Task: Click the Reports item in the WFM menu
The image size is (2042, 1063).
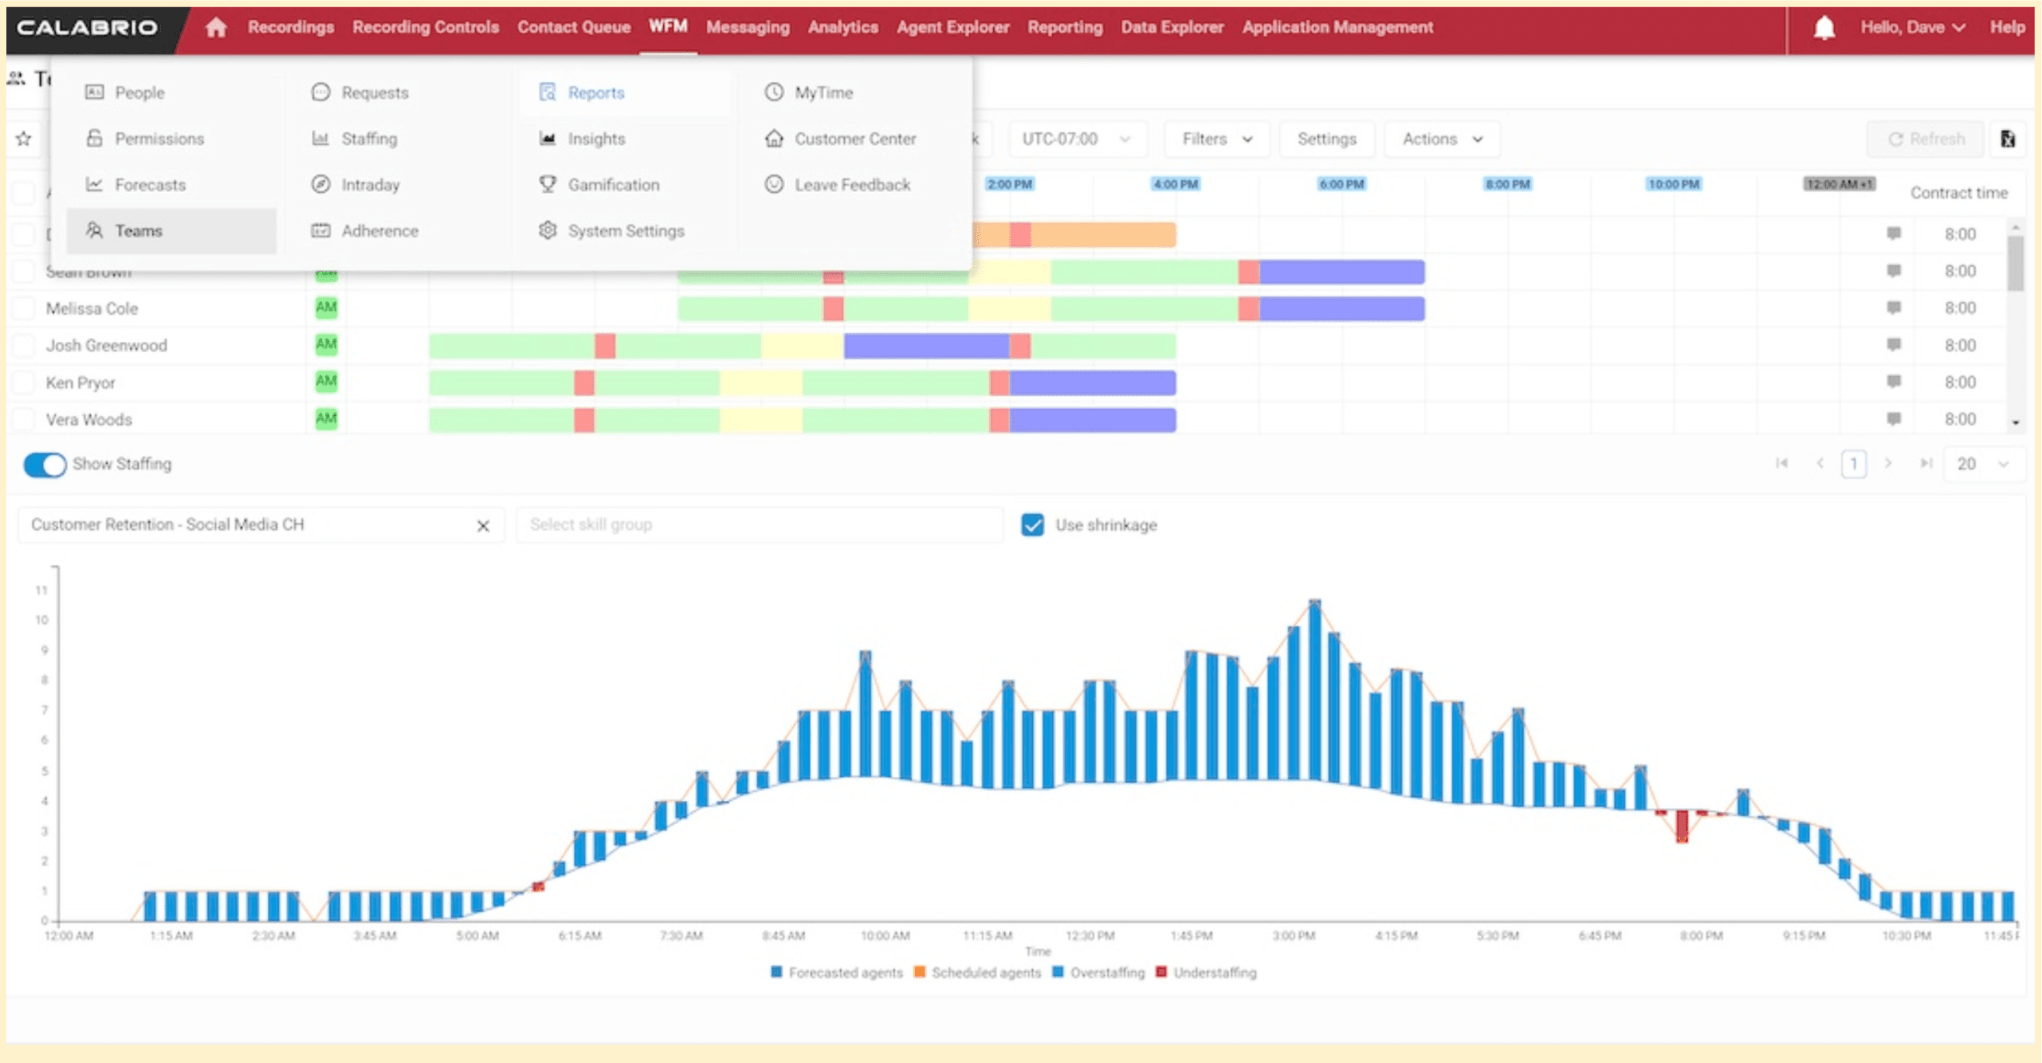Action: click(595, 92)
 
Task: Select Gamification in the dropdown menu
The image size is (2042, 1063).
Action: click(612, 185)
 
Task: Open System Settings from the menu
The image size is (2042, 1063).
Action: click(625, 231)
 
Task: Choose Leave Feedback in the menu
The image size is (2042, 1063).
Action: click(851, 185)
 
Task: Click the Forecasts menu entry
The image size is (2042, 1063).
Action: click(149, 185)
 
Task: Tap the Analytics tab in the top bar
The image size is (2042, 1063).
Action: click(842, 27)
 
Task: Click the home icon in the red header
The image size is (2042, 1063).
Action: click(216, 28)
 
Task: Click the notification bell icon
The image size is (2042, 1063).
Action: click(1824, 28)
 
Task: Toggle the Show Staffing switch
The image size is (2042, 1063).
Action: click(45, 465)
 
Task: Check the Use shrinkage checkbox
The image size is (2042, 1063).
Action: click(1032, 525)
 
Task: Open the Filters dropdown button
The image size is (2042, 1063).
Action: click(1216, 139)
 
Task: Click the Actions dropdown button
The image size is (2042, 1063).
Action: click(1441, 139)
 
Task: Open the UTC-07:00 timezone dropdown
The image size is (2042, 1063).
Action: click(1076, 139)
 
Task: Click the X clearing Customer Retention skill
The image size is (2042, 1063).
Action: click(483, 526)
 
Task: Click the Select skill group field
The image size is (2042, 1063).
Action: click(757, 525)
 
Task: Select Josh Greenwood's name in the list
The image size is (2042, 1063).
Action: click(106, 346)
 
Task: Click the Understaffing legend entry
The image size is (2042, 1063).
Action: click(1213, 973)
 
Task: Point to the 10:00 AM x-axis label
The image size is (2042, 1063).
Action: click(885, 936)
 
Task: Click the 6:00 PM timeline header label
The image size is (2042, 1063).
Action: click(1341, 185)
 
